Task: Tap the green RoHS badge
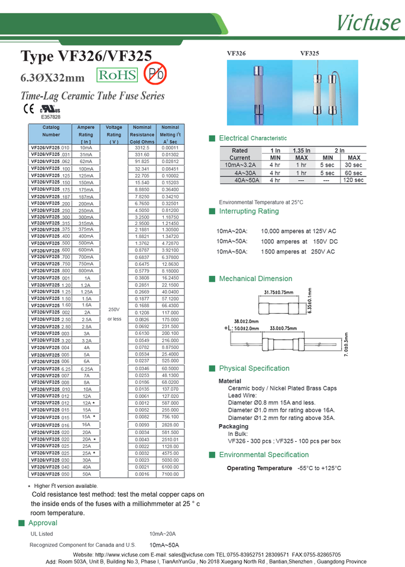click(x=117, y=75)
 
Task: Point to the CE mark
click(x=28, y=109)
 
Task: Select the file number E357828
click(x=50, y=117)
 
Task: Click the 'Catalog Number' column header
click(x=51, y=131)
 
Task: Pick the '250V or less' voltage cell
click(x=114, y=314)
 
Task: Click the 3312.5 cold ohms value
click(x=142, y=148)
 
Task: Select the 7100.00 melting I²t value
click(x=170, y=474)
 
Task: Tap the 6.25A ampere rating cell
click(x=86, y=369)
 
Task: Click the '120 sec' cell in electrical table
click(x=354, y=180)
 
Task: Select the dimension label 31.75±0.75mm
click(x=279, y=292)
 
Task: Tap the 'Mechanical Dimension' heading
click(x=255, y=279)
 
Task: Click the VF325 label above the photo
click(x=309, y=53)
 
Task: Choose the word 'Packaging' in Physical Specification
click(x=234, y=426)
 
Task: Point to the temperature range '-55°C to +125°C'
click(x=319, y=468)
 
